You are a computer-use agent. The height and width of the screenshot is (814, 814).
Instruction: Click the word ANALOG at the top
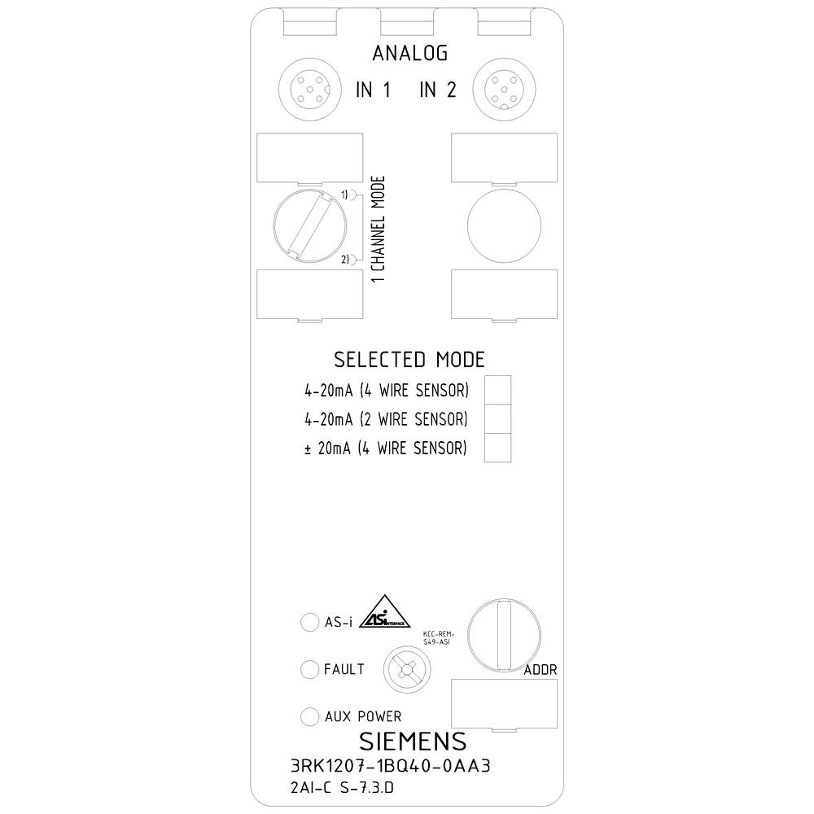[x=409, y=54]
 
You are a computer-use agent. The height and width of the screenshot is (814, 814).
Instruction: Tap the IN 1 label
[x=374, y=90]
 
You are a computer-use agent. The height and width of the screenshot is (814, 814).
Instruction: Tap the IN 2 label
[x=438, y=90]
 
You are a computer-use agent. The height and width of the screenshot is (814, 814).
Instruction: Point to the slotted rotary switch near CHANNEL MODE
[x=303, y=225]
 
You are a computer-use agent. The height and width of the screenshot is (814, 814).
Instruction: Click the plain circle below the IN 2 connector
[x=505, y=224]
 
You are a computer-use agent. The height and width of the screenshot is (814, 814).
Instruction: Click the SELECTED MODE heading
[x=409, y=360]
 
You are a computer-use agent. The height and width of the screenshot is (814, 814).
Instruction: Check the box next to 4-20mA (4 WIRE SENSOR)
[x=497, y=391]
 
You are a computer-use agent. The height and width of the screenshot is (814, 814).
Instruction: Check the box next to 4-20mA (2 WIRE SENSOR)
[x=497, y=419]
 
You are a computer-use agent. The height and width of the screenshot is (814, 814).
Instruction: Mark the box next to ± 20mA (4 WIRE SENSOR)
[x=497, y=448]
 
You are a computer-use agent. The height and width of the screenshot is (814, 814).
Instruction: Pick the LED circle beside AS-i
[x=309, y=623]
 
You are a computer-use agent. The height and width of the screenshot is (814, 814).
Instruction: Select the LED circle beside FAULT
[x=309, y=669]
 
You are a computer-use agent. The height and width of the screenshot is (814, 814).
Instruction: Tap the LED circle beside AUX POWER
[x=309, y=716]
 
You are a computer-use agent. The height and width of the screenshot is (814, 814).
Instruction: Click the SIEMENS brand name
[x=413, y=742]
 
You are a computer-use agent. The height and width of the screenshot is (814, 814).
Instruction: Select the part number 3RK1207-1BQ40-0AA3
[x=392, y=767]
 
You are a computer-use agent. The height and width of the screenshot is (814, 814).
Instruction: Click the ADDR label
[x=540, y=670]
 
